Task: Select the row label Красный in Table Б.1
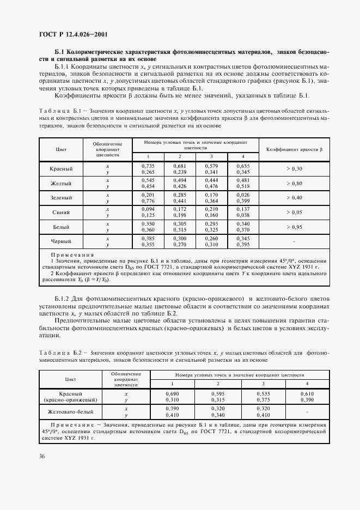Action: (61, 169)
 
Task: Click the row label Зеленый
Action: (61, 197)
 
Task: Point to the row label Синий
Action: (61, 211)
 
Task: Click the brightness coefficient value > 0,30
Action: (294, 169)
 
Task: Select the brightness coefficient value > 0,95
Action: (294, 226)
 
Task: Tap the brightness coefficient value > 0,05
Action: (294, 211)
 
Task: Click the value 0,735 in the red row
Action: (148, 165)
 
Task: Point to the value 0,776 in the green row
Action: (148, 201)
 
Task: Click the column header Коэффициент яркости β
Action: (294, 149)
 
